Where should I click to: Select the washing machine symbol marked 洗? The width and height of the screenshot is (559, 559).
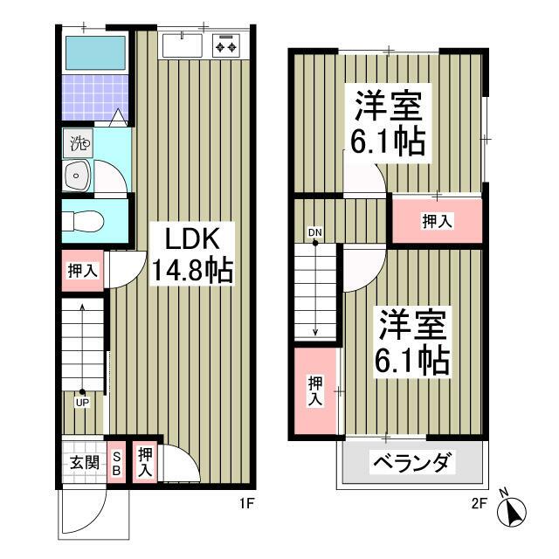point(79,143)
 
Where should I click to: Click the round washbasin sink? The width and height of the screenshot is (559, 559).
point(78,176)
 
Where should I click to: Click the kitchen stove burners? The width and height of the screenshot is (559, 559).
point(227,44)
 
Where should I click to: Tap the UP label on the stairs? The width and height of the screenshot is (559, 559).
point(81,403)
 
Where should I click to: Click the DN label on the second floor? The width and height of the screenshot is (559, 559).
point(314,232)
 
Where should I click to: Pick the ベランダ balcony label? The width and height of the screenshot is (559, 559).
point(414,461)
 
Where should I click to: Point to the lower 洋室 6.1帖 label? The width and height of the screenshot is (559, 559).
point(414,343)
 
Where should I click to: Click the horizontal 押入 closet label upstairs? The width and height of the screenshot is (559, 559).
point(437,222)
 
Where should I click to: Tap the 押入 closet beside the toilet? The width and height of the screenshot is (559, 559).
point(83,271)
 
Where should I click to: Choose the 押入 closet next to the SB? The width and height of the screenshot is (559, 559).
point(145,461)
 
